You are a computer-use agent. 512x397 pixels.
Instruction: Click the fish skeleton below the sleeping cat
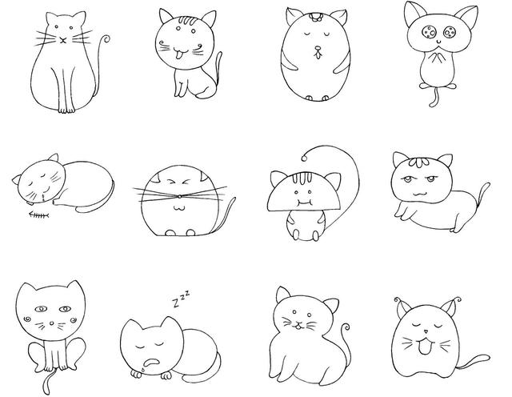pos(39,215)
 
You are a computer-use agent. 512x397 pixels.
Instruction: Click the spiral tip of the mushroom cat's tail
pos(304,158)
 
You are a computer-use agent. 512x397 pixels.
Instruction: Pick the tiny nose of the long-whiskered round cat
pos(179,196)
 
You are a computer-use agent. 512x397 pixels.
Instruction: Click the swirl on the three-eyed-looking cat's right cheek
pos(74,320)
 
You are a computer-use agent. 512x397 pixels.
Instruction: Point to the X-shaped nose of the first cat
pos(63,40)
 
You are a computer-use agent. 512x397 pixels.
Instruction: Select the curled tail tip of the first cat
pos(106,39)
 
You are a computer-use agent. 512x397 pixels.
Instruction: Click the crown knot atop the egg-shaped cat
pos(315,16)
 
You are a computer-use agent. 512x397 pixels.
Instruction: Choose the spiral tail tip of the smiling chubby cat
pos(346,327)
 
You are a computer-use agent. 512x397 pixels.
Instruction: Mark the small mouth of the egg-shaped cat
pos(318,53)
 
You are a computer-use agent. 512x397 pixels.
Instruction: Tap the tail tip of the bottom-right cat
pos(487,357)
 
